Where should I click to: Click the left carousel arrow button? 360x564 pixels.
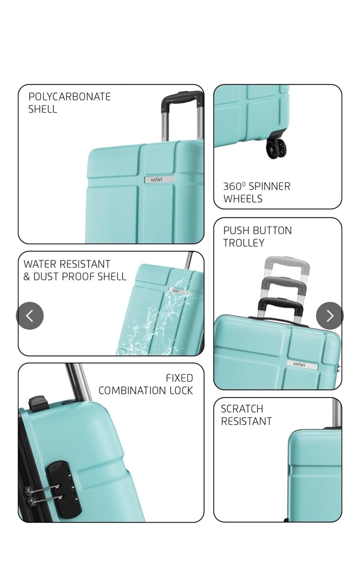(30, 315)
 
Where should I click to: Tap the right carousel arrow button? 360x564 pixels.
(330, 315)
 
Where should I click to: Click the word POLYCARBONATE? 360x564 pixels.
(70, 97)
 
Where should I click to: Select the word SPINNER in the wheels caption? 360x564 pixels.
(269, 186)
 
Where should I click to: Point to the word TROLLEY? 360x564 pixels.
(244, 243)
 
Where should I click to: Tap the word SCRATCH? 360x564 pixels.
(242, 409)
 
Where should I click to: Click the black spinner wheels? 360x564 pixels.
(276, 148)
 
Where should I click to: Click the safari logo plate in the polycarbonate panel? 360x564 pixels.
(159, 179)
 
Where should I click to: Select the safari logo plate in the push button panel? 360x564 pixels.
(302, 365)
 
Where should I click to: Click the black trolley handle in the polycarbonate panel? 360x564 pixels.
(182, 102)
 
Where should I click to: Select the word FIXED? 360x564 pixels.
(179, 378)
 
